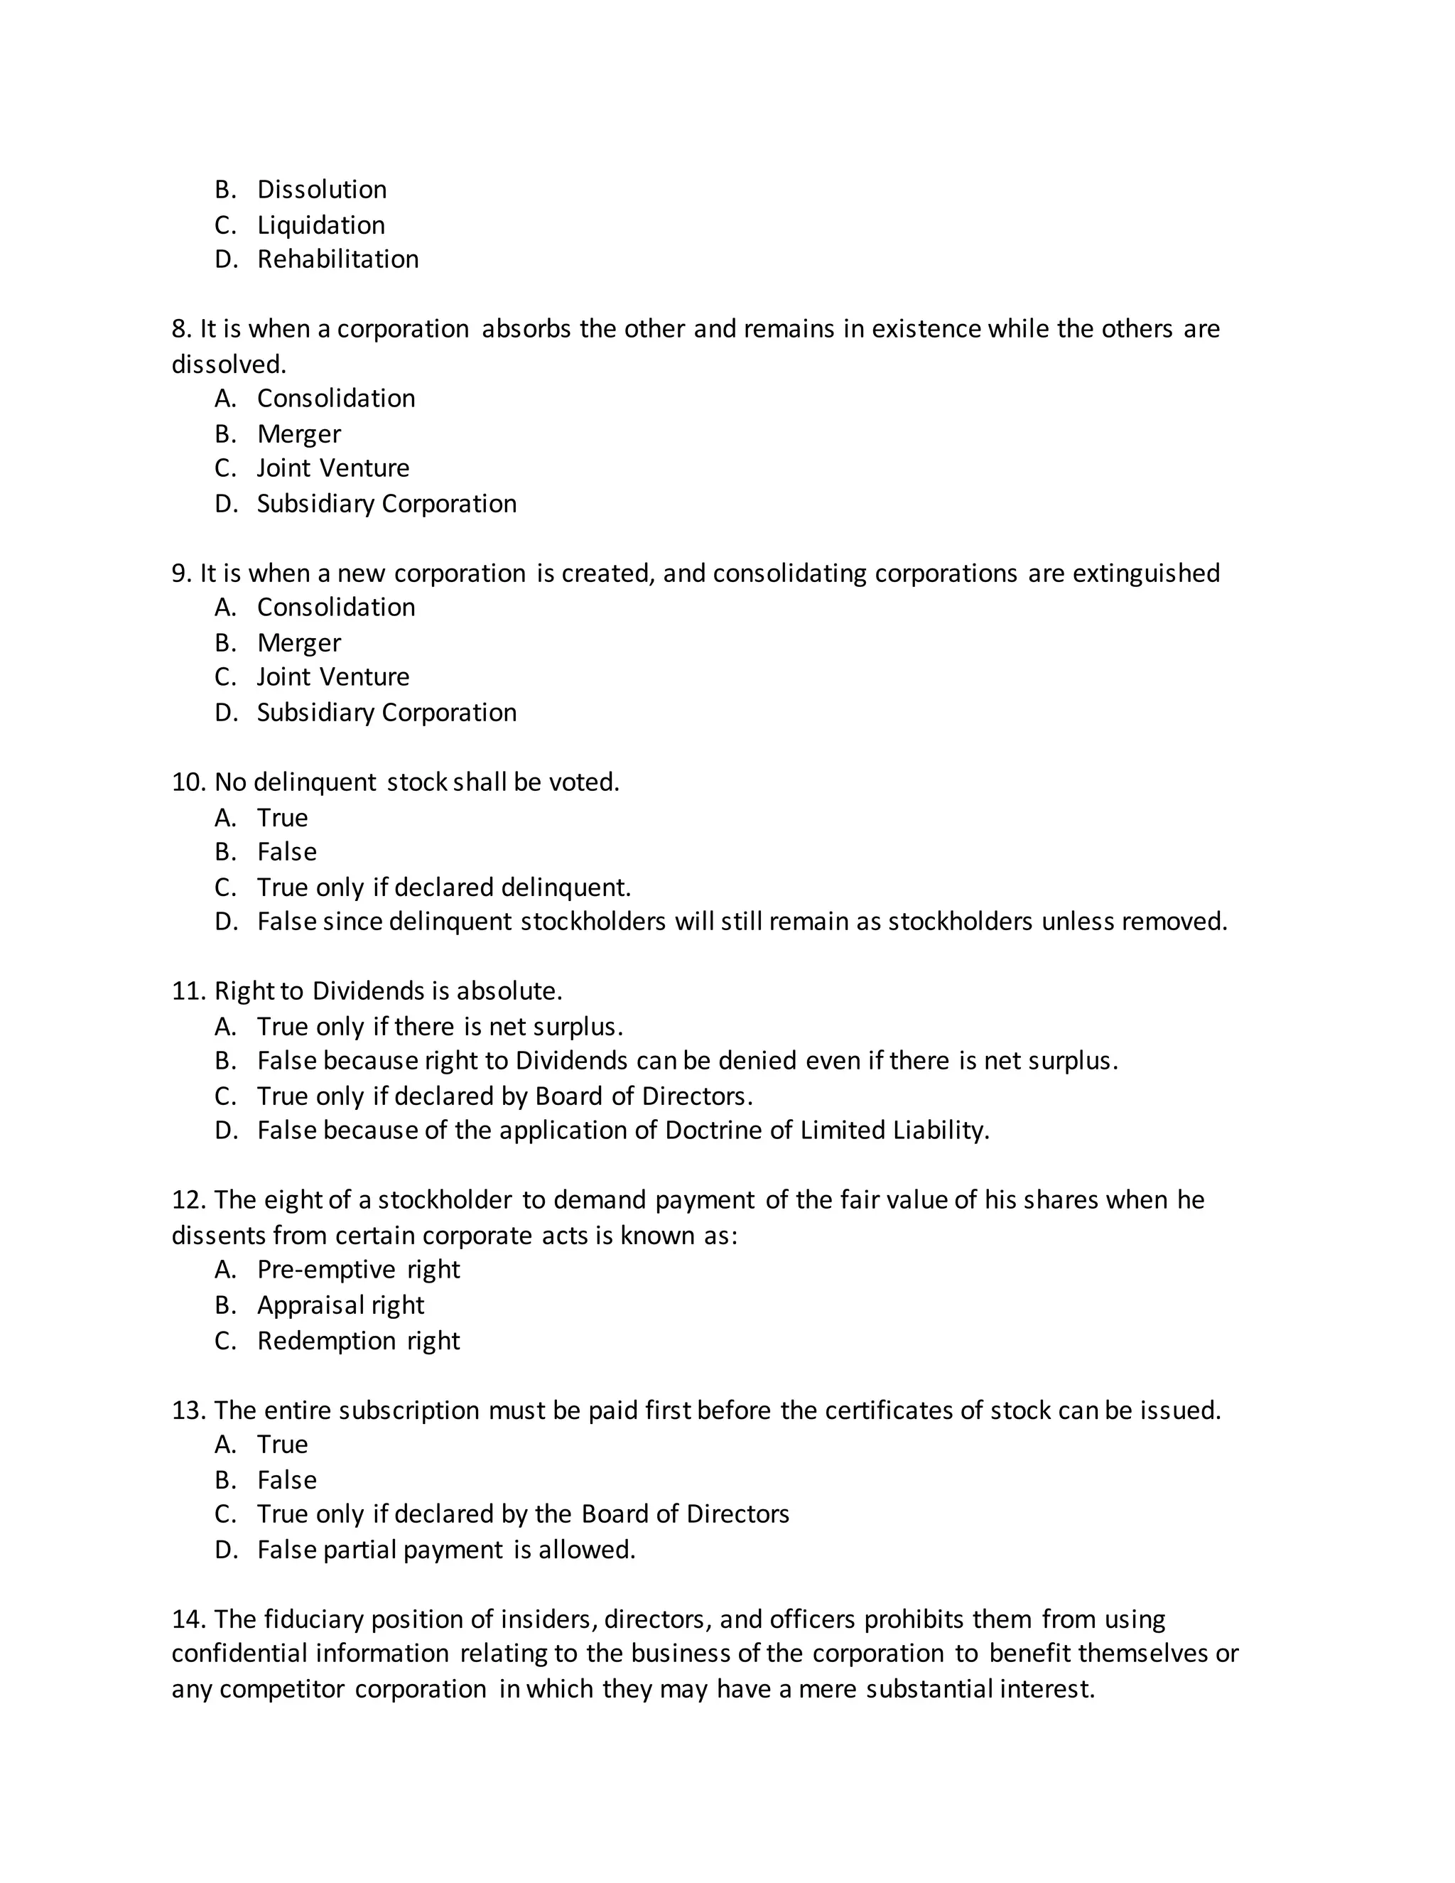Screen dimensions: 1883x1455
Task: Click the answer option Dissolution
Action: [322, 190]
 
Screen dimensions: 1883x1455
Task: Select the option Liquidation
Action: [320, 225]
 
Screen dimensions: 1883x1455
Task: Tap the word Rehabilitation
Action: [338, 259]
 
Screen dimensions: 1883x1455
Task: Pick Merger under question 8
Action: [298, 433]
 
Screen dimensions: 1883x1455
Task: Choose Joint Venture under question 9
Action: [332, 676]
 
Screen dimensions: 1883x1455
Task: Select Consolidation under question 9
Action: [336, 607]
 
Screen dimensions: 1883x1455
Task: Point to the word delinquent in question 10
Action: [315, 782]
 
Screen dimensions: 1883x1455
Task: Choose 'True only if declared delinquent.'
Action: [444, 887]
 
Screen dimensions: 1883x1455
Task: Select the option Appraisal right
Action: [340, 1305]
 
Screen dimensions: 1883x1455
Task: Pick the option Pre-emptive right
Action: [359, 1269]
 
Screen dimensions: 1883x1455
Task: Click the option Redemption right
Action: [359, 1341]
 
